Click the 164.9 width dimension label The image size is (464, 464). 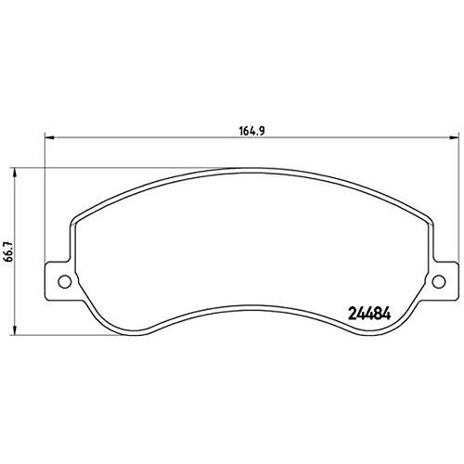pos(251,131)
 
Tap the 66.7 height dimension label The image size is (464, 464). pos(9,251)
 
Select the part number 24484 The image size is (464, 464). pos(369,315)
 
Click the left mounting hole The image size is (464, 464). pos(65,281)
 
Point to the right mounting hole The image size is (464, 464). pos(439,281)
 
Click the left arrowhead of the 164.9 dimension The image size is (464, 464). pos(49,137)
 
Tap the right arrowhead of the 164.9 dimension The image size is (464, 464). pos(454,137)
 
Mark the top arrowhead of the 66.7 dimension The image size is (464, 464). pos(14,173)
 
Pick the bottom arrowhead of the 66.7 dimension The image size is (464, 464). pos(14,330)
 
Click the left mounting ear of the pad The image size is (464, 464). pos(58,281)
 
